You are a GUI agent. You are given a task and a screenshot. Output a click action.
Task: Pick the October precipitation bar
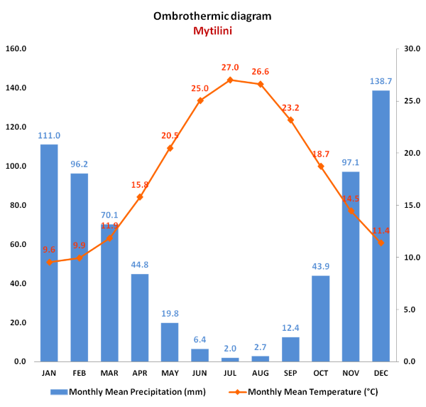coord(320,318)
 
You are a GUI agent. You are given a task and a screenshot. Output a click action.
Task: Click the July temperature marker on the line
coord(230,80)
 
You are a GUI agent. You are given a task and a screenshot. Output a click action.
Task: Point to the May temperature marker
coord(170,148)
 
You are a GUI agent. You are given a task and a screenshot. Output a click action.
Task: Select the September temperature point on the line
coord(290,120)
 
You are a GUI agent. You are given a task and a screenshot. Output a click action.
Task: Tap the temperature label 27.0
coord(230,67)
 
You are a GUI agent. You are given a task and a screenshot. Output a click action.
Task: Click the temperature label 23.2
coord(290,107)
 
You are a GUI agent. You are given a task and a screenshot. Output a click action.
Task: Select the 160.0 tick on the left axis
coord(16,49)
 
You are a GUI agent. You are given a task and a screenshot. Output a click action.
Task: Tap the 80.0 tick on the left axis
coord(16,206)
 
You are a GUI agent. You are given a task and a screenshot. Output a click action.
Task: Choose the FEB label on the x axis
coord(80,372)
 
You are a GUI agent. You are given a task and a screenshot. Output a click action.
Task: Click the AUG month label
coord(260,372)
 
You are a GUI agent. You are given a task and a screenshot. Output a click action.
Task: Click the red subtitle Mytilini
coord(212,31)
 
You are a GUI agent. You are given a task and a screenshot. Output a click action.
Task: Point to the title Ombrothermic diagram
coord(212,16)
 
